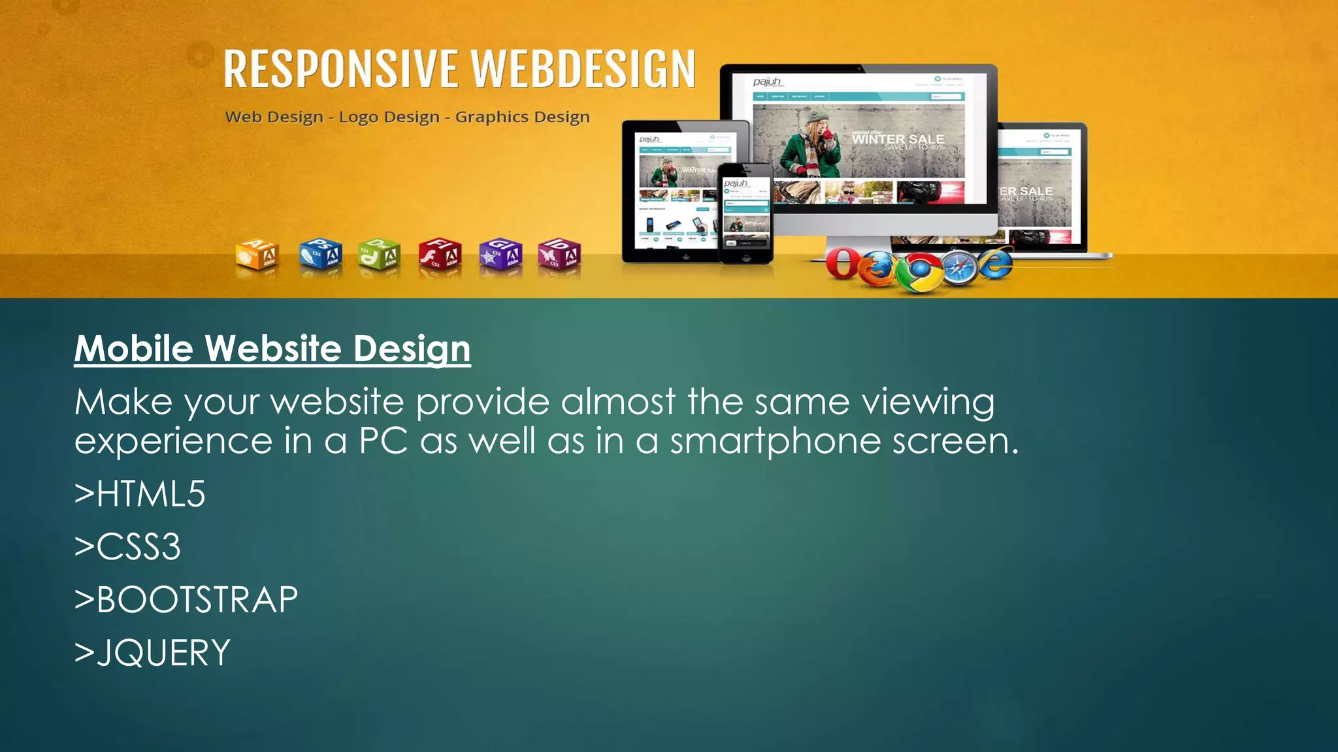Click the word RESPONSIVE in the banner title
click(340, 69)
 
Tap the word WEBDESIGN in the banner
click(583, 69)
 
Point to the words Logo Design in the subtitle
click(389, 117)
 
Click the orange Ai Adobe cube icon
click(257, 255)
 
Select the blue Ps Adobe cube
click(320, 254)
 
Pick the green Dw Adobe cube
click(379, 255)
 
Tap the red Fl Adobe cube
click(440, 255)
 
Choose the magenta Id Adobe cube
click(559, 255)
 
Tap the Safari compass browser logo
click(958, 268)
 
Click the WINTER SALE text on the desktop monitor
click(898, 139)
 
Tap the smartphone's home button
click(745, 258)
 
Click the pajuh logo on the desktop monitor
click(766, 82)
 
